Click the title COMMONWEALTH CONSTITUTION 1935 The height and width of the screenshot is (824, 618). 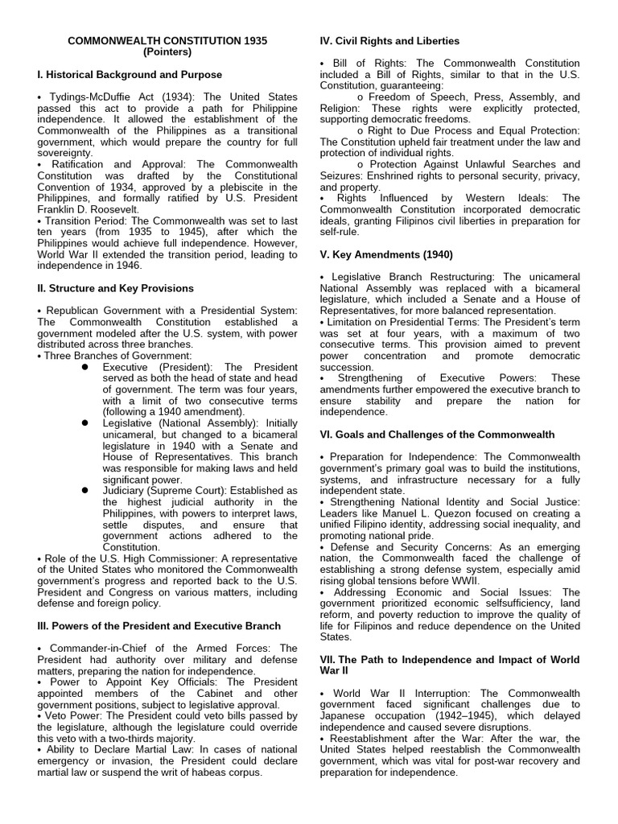click(x=167, y=40)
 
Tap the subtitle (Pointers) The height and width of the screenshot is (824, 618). click(x=167, y=51)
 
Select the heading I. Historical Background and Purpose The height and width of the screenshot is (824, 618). click(x=130, y=75)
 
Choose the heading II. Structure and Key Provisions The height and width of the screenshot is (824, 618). click(x=115, y=288)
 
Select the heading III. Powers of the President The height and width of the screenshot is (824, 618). click(x=159, y=626)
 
